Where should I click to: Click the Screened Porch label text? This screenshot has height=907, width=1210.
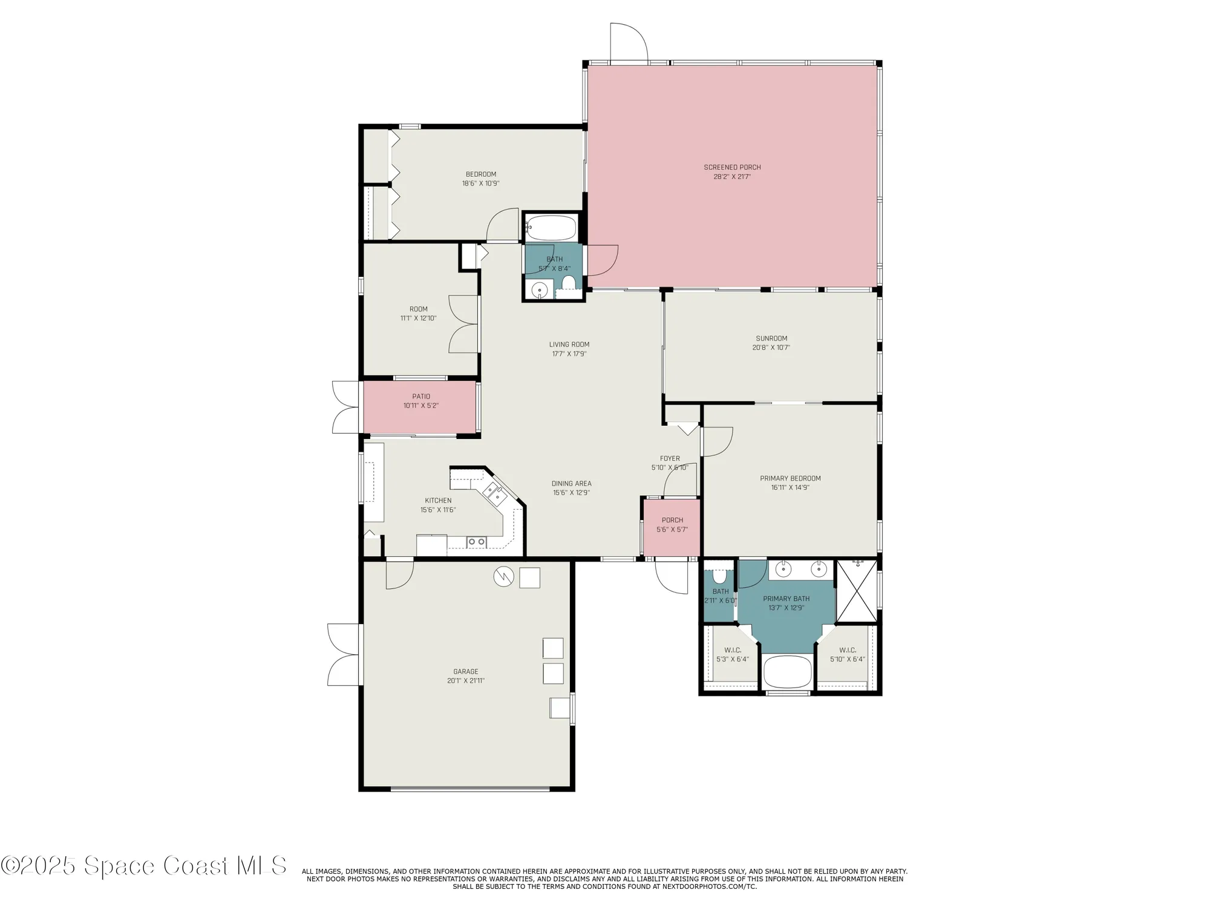point(732,167)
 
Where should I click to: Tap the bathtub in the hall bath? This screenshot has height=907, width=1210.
point(551,229)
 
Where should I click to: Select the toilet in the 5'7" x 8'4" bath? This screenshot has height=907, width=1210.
point(569,283)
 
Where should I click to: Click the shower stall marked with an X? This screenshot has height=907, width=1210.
point(856,591)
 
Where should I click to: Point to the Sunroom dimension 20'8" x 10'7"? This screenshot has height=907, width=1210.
point(771,348)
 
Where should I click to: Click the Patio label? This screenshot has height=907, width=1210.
point(421,397)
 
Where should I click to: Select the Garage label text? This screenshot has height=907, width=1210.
point(466,671)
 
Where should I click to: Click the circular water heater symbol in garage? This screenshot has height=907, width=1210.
point(503,577)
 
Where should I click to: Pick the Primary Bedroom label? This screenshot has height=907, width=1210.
point(790,478)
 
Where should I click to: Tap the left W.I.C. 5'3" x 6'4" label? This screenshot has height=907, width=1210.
point(733,650)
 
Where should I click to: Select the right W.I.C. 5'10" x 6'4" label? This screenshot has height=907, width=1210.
point(847,650)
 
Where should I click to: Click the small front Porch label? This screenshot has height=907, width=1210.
point(672,520)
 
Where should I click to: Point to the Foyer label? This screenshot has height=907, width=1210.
point(670,458)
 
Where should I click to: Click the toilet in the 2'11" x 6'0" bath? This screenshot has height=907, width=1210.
point(720,574)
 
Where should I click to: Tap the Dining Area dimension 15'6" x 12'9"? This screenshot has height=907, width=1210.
point(571,493)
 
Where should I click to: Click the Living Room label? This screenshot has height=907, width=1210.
point(569,345)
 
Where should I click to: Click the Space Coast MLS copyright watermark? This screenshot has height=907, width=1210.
point(143,865)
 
